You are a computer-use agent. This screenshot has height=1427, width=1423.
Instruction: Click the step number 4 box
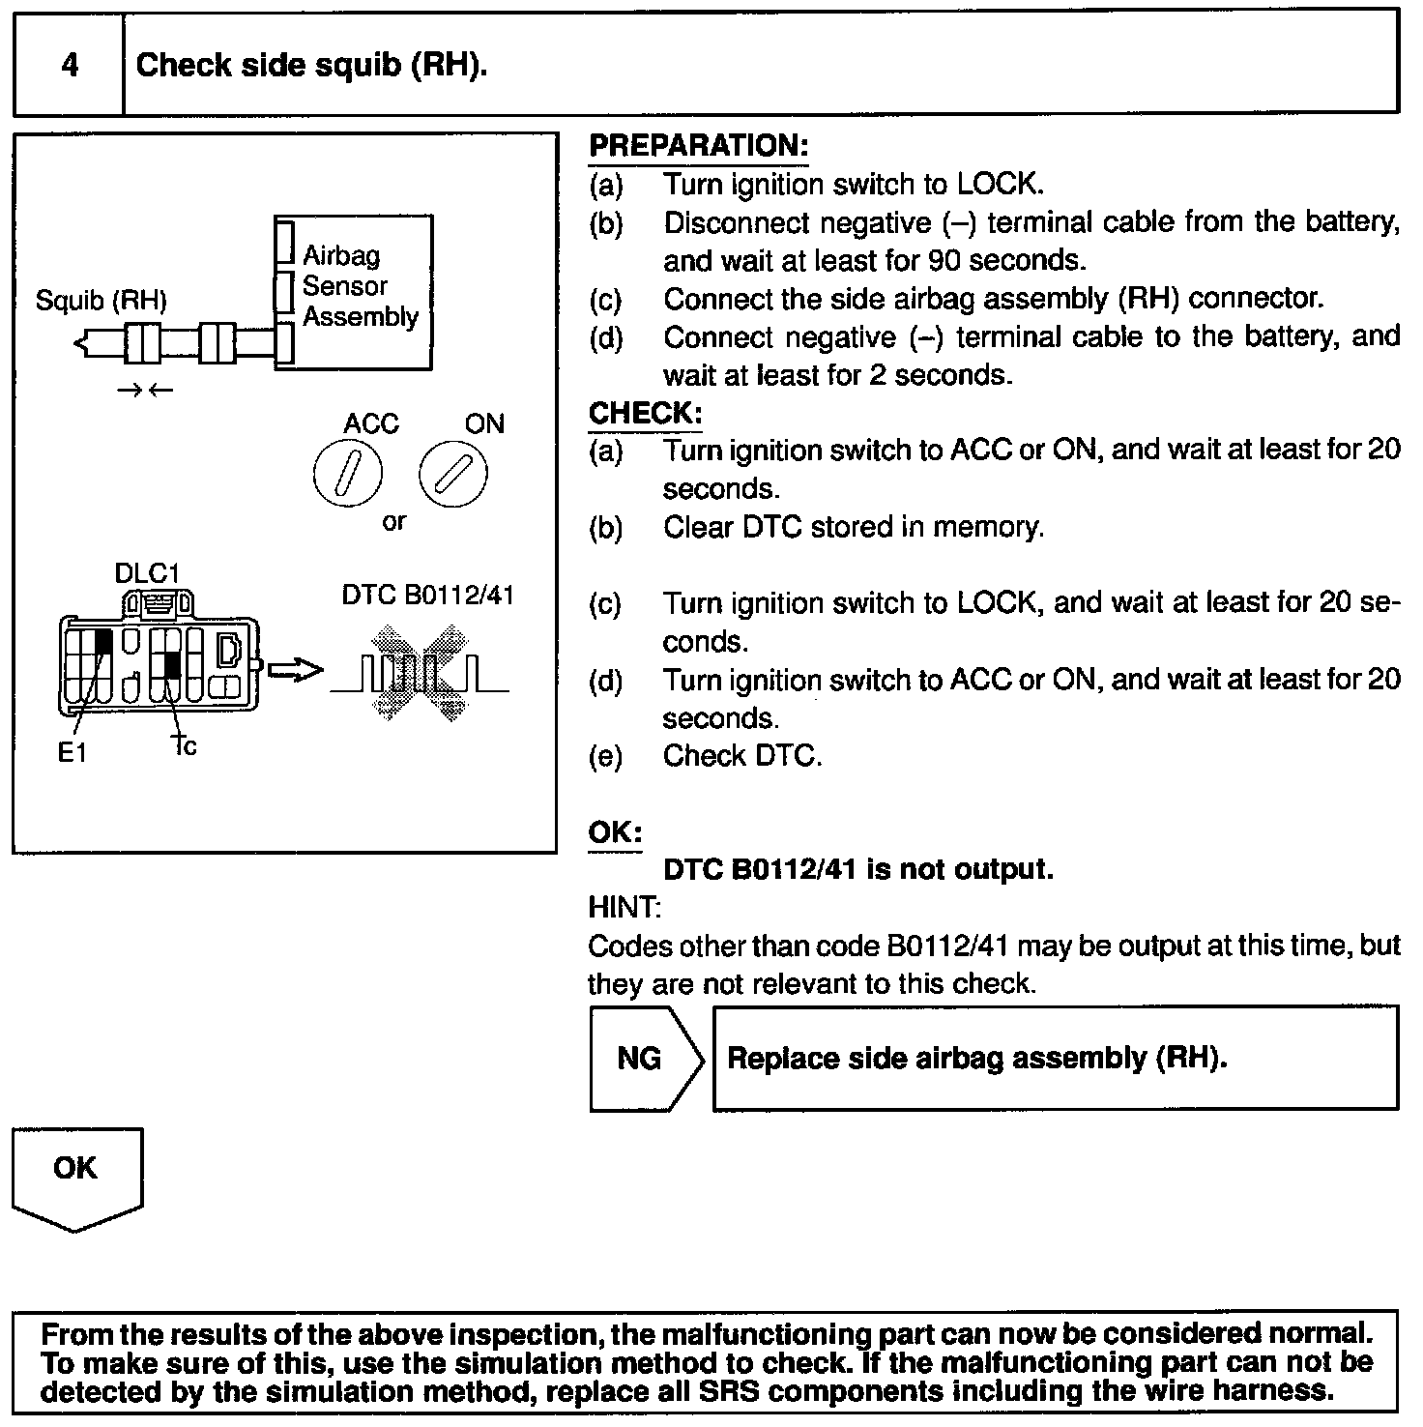point(70,65)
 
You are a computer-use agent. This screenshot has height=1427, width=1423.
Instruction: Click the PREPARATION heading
point(698,146)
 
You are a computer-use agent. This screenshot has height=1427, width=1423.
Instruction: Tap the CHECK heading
point(645,413)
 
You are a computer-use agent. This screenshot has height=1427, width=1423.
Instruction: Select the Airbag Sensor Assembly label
point(359,286)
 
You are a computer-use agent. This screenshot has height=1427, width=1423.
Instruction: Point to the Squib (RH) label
point(101,301)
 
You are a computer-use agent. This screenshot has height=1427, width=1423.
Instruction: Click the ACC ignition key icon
point(348,474)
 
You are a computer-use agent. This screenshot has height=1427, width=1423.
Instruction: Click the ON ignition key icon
point(453,474)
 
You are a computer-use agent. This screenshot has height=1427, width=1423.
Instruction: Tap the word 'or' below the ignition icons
point(394,522)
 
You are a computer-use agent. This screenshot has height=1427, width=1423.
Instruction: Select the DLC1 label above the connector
point(147,572)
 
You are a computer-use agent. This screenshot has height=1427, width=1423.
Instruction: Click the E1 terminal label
point(72,752)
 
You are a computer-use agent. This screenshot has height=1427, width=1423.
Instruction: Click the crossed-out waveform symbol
point(421,673)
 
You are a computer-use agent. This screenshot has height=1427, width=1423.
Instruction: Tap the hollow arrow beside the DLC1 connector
point(294,670)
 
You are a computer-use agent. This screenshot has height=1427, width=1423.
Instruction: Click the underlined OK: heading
point(615,832)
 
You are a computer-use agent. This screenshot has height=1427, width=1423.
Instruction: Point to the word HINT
point(624,907)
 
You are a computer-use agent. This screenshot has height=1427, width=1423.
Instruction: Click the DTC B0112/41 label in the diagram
point(427,595)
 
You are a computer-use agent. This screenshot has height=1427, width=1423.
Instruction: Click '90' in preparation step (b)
point(944,261)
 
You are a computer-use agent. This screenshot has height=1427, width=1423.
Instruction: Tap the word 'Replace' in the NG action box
point(782,1059)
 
